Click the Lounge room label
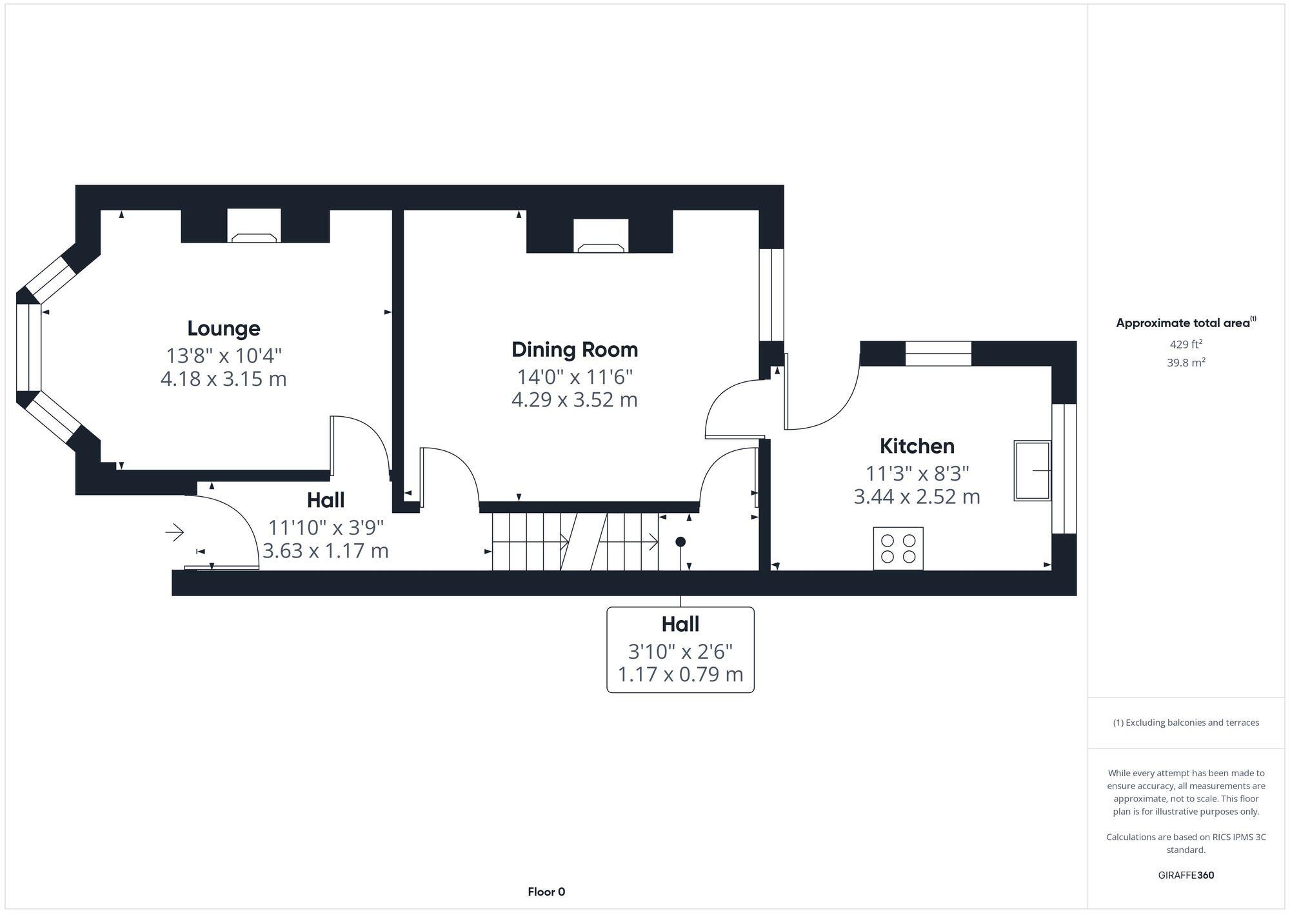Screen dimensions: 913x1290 click(223, 328)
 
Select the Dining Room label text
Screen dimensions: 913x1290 click(574, 350)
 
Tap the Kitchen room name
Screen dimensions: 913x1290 click(917, 446)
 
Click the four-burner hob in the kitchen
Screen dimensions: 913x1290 click(898, 548)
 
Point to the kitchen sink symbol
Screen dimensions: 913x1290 click(1032, 470)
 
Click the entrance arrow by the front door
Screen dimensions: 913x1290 click(175, 532)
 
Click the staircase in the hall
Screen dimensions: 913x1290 click(574, 541)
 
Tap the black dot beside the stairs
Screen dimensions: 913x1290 click(680, 542)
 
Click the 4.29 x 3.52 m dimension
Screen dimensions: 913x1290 click(574, 400)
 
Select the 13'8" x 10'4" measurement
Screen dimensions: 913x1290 click(224, 356)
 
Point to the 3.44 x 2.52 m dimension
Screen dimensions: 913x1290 click(917, 497)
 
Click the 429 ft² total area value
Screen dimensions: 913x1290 click(1186, 345)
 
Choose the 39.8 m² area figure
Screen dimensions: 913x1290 click(1186, 363)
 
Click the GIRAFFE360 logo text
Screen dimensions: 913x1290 click(1186, 876)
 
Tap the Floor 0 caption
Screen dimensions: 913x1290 click(546, 892)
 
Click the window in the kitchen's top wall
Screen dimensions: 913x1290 click(938, 354)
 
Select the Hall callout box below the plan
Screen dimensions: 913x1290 click(680, 650)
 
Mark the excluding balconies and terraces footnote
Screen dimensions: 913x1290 click(1186, 723)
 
